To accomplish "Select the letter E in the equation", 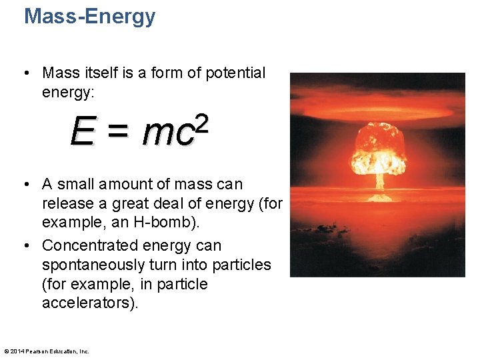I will point(82,133).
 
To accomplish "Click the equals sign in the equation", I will point(117,133).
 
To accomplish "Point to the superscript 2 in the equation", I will point(202,123).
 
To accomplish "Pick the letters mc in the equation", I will point(167,134).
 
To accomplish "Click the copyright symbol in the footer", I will point(7,351).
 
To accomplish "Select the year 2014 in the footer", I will point(17,351).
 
